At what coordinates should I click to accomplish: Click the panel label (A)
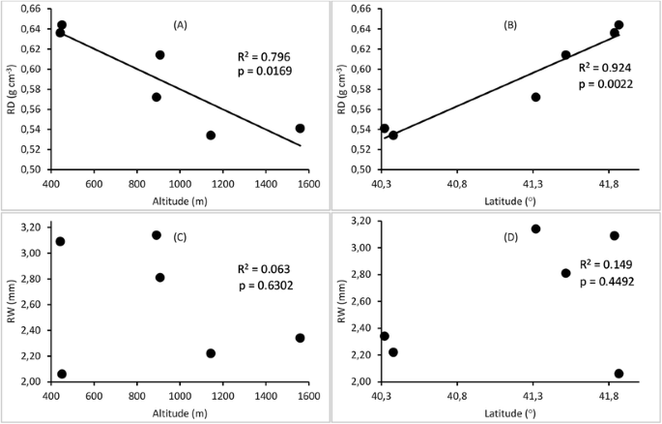179,23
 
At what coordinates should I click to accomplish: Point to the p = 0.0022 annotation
605,85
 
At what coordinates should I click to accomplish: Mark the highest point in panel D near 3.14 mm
535,229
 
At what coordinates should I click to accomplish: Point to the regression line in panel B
483,92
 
